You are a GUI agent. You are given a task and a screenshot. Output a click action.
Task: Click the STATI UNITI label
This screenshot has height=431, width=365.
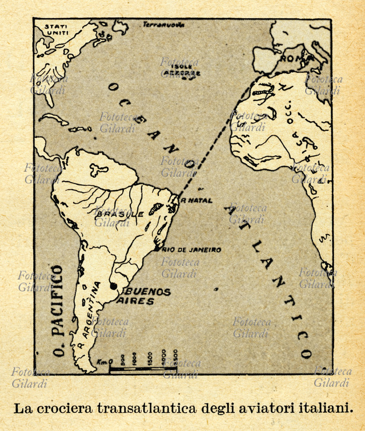[57, 30]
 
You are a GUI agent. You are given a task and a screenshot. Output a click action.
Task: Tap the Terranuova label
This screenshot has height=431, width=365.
[164, 24]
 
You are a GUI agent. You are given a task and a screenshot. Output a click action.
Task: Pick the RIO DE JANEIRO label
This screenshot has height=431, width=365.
[191, 250]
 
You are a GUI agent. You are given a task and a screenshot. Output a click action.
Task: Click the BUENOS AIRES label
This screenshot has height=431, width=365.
[144, 296]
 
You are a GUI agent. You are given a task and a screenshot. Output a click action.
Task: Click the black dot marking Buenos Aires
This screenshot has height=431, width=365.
[114, 286]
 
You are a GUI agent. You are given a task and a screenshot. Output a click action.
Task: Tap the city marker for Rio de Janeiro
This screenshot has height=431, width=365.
[156, 249]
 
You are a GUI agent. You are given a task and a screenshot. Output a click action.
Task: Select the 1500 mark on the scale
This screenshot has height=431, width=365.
[149, 357]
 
